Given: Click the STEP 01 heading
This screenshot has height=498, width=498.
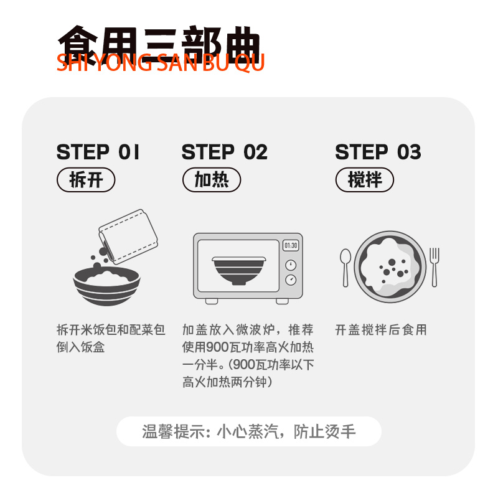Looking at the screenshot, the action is tap(98, 152).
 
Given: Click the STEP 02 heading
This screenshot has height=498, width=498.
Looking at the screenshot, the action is tap(225, 152).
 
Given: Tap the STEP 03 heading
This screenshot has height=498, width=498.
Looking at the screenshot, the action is tap(378, 152).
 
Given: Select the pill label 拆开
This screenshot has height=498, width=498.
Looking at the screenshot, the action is tap(86, 180).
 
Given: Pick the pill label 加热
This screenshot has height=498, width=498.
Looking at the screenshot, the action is tap(212, 180).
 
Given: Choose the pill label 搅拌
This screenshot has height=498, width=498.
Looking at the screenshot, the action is tap(365, 180).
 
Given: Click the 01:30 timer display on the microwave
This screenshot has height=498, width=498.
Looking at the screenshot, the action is tap(291, 245).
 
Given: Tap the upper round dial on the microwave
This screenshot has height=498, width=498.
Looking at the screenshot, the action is tap(291, 265).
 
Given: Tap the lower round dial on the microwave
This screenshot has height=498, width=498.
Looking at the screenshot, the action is tap(291, 280).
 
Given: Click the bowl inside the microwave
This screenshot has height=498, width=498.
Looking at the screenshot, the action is tap(239, 270).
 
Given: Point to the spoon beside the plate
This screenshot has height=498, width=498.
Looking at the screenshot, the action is tap(345, 268).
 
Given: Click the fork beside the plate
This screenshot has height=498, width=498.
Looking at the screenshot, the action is tap(434, 267).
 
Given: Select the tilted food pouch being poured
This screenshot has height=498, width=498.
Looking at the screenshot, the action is tap(128, 237).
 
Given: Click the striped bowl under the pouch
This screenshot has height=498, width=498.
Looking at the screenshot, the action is tap(106, 286).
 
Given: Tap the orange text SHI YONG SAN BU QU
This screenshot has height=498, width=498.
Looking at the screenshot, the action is tap(161, 63).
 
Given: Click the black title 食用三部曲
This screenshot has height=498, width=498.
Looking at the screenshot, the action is tap(159, 44).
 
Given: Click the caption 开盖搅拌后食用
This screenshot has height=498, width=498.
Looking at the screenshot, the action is tap(381, 330).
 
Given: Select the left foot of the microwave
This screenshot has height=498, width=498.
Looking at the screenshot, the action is tap(212, 301).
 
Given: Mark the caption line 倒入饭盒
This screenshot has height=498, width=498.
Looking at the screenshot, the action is tap(81, 347).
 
